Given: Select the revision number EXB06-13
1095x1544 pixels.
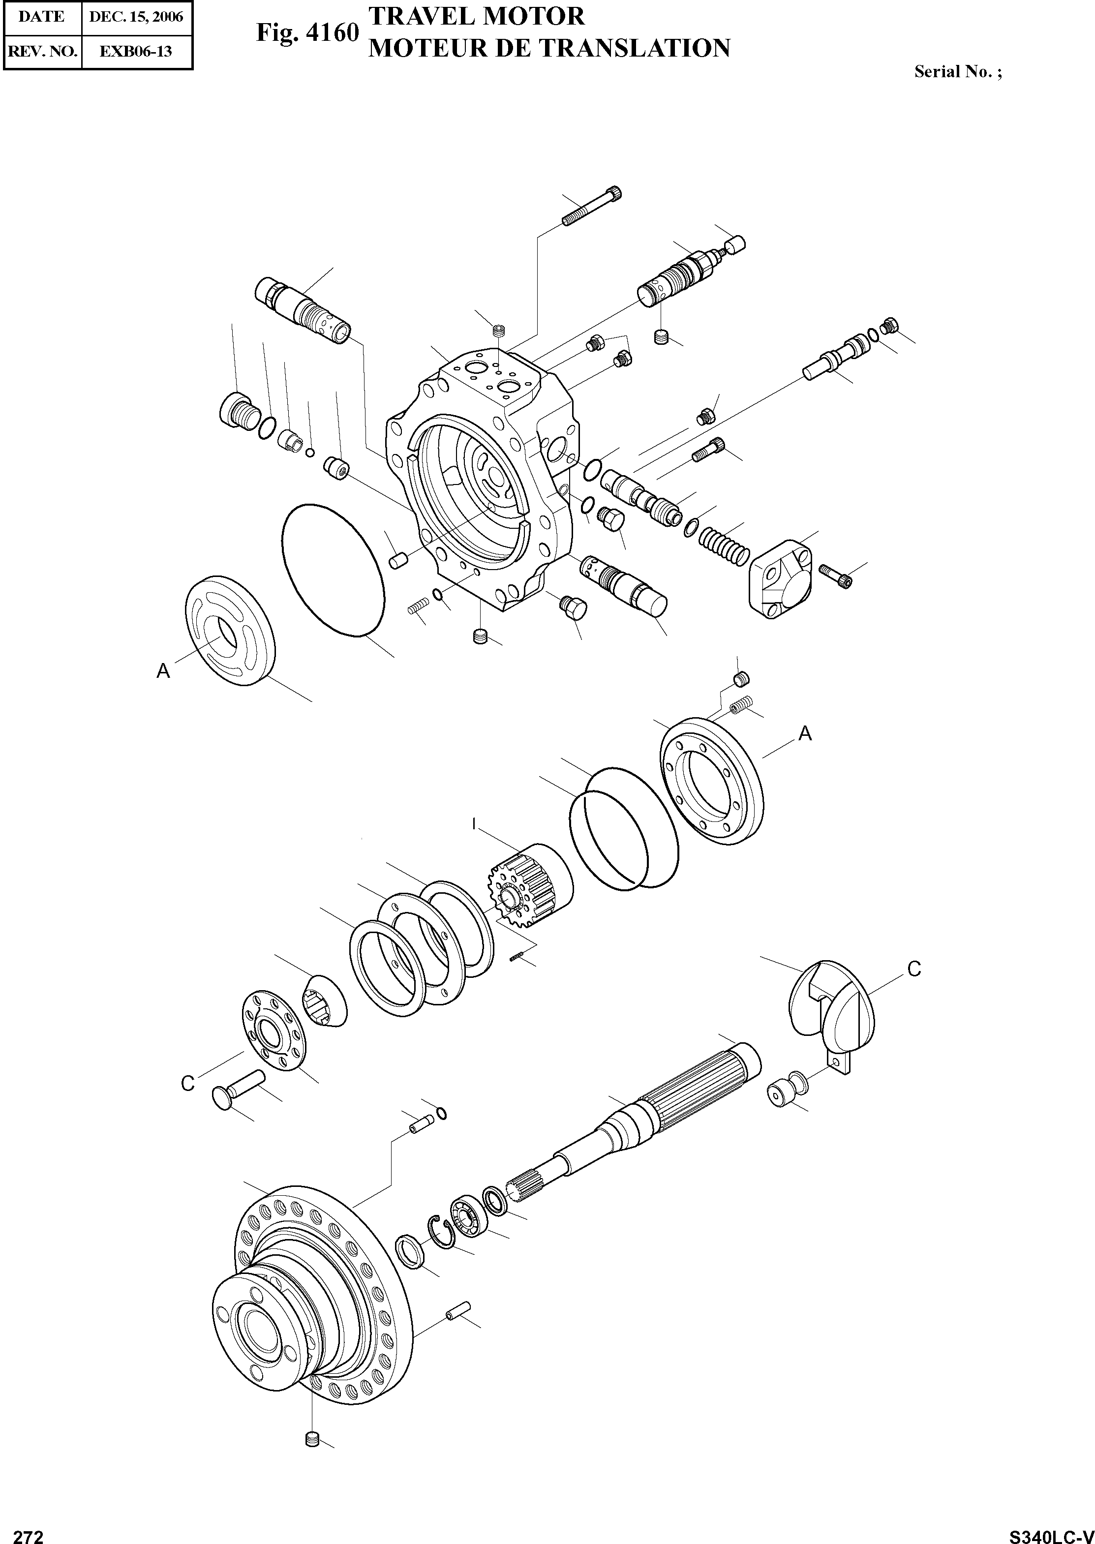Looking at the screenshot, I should point(136,51).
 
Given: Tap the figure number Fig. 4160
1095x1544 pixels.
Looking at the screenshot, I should point(307,32).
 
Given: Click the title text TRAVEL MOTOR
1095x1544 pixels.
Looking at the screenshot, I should point(477,16).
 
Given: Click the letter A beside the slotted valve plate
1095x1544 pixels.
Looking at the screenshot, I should point(163,671).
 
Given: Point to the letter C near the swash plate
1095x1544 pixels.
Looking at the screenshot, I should point(913,969).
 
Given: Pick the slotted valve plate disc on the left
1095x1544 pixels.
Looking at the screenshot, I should point(231,632).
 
